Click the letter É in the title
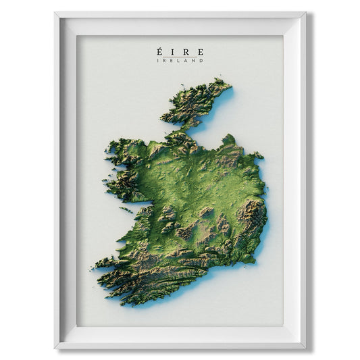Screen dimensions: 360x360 pos(159,51)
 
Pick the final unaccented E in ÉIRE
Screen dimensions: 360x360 pos(199,52)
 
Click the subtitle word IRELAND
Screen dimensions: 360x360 pos(180,61)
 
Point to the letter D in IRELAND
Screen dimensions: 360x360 pos(201,61)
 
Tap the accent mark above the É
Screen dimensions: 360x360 pos(159,47)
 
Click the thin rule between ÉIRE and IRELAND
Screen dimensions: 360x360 pos(180,57)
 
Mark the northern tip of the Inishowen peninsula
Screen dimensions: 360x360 pos(219,82)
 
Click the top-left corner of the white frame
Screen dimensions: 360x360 pos(55,12)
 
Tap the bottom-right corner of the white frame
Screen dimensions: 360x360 pos(305,348)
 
